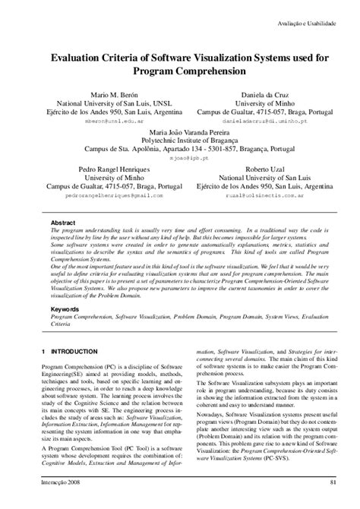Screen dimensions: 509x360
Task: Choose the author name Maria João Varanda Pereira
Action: (179, 131)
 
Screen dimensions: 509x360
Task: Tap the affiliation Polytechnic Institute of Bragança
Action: (179, 141)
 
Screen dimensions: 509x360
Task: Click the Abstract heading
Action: (63, 223)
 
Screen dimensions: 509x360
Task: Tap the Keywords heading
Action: (66, 311)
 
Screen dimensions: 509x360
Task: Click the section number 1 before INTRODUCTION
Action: (44, 352)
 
